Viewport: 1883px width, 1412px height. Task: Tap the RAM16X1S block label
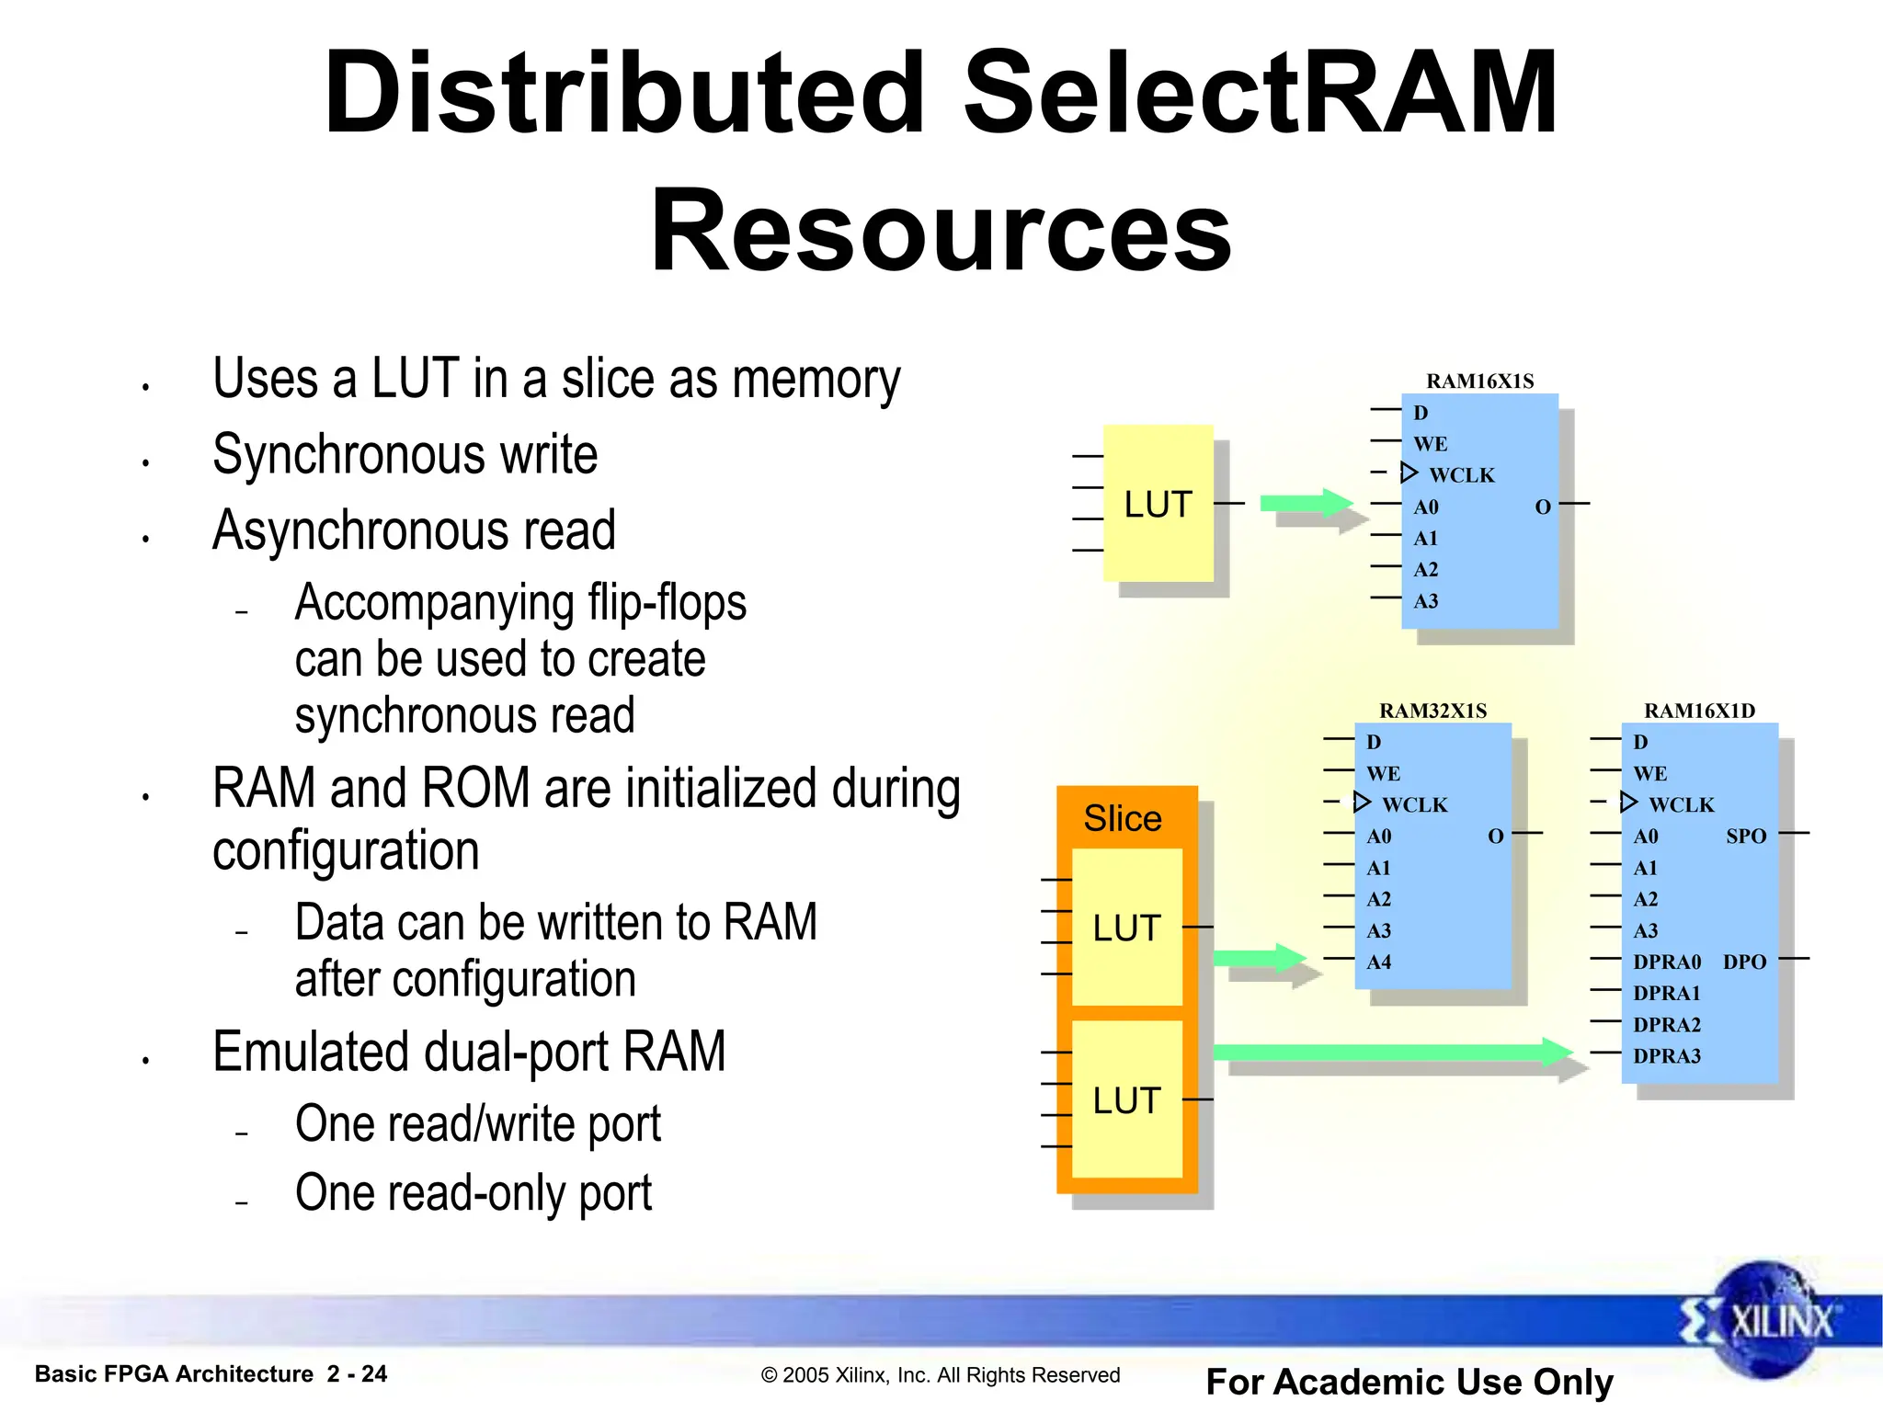pos(1479,381)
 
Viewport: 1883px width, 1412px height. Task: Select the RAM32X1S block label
pos(1432,711)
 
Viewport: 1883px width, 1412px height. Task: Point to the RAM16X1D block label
pos(1699,711)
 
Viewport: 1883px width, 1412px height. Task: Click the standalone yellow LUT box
pos(1158,504)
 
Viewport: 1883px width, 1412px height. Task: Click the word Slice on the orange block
pos(1123,818)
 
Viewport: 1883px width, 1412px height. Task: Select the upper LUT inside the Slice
pos(1126,928)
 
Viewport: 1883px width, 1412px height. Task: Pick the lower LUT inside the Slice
pos(1126,1100)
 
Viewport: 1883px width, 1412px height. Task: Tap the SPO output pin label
pos(1746,837)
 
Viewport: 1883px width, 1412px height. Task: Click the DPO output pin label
pos(1744,962)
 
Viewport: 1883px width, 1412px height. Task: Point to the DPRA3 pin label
pos(1666,1056)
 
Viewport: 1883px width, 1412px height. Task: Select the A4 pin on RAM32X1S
pos(1378,962)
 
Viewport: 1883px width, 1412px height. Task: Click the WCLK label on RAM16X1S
pos(1462,475)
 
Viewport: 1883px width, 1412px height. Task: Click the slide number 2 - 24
pos(357,1373)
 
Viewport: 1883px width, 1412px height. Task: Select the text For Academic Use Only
pos(1409,1382)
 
